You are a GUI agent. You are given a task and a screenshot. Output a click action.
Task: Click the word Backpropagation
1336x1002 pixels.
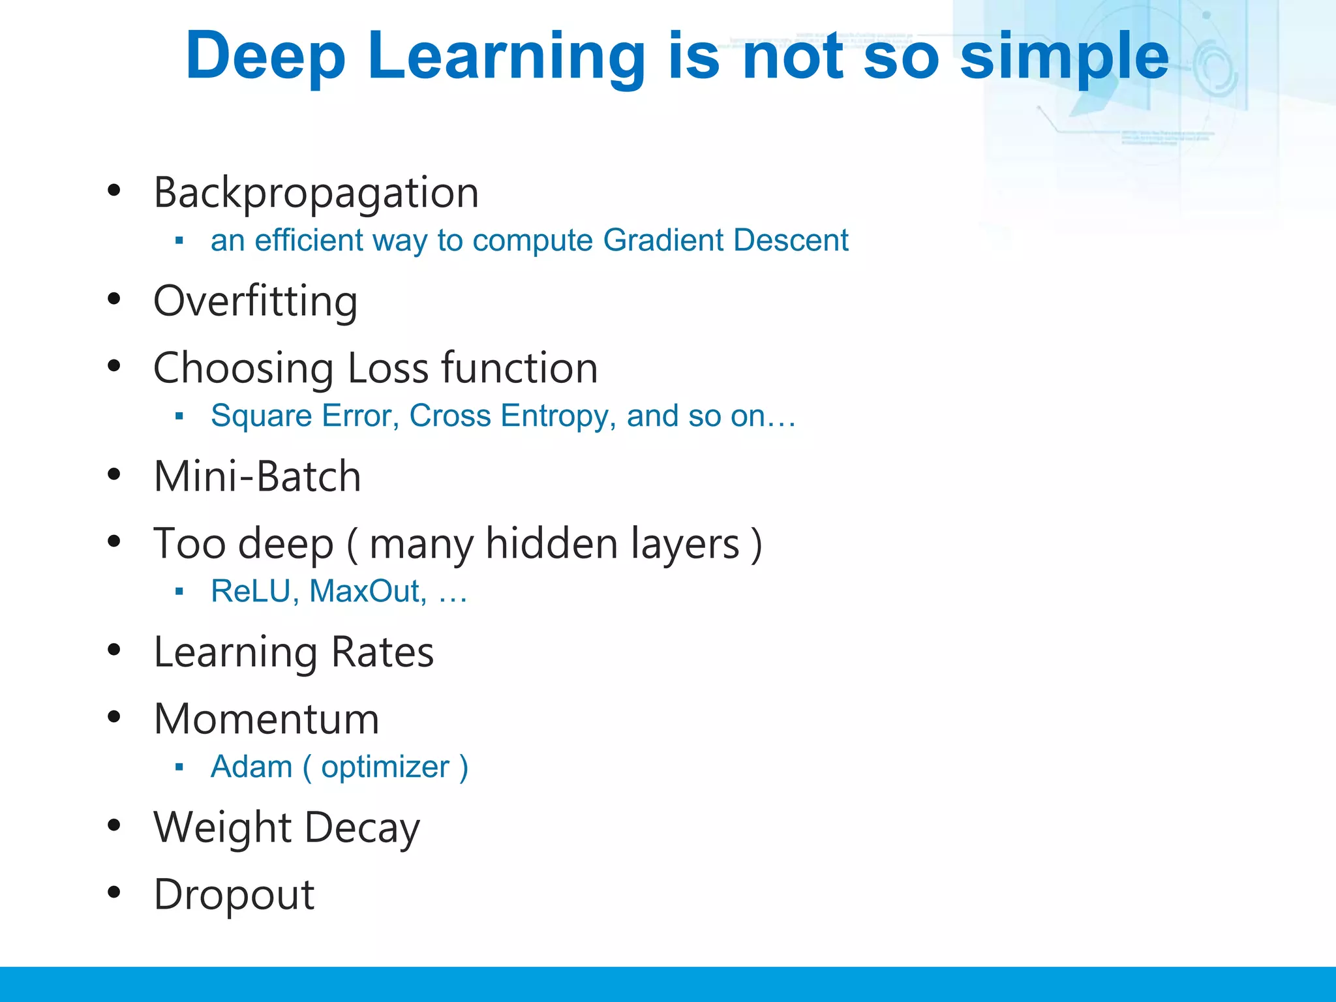pyautogui.click(x=316, y=193)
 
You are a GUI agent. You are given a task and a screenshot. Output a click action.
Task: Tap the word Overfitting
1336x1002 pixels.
pyautogui.click(x=255, y=301)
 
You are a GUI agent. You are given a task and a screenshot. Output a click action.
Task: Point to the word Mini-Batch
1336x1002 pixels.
pyautogui.click(x=257, y=476)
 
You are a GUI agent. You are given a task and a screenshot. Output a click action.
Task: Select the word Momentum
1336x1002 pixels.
pyautogui.click(x=266, y=719)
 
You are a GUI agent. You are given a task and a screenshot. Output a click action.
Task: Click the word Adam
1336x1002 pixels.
pyautogui.click(x=251, y=767)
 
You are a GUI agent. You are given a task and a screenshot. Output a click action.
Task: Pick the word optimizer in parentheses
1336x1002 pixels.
pyautogui.click(x=385, y=767)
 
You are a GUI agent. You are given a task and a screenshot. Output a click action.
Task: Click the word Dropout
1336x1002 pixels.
pyautogui.click(x=234, y=894)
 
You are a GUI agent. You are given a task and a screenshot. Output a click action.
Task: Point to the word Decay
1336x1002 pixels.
pyautogui.click(x=362, y=828)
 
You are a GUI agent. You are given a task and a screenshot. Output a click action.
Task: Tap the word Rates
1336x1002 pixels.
pyautogui.click(x=382, y=652)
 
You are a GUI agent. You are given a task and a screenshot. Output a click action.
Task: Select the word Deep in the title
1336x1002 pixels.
pyautogui.click(x=265, y=57)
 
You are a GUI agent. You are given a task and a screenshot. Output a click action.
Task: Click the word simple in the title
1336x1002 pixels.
pyautogui.click(x=1065, y=57)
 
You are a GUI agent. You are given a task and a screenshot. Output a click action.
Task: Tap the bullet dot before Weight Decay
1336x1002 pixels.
pyautogui.click(x=114, y=826)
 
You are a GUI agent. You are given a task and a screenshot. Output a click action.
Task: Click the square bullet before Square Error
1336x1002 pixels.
pyautogui.click(x=179, y=416)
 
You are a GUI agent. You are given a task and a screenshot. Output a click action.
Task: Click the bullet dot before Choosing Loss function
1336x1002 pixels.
pyautogui.click(x=114, y=366)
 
